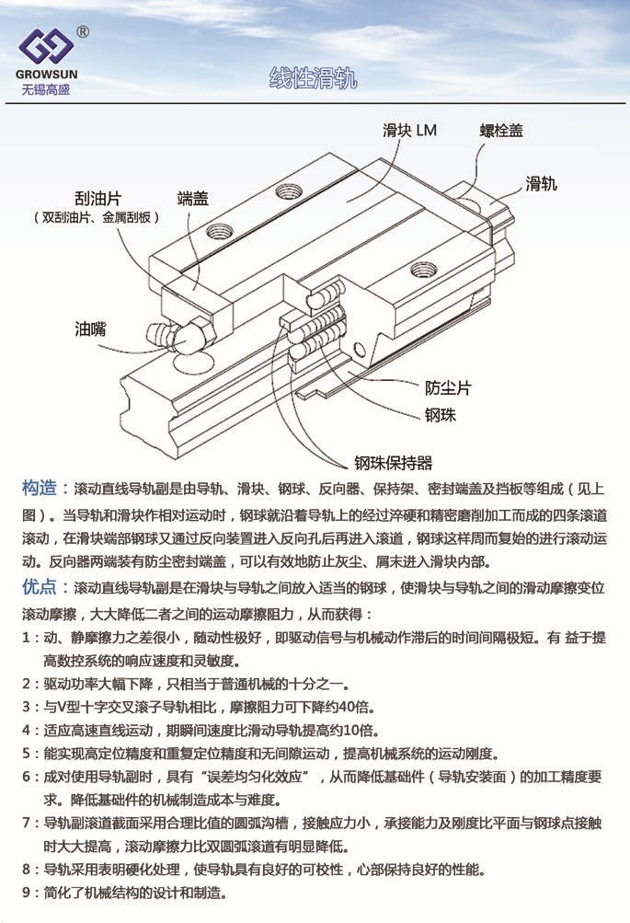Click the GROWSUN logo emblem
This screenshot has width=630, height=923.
[x=46, y=46]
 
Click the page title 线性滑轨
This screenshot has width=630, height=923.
[x=313, y=78]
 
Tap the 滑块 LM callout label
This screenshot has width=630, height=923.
[x=409, y=130]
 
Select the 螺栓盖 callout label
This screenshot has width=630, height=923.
[x=501, y=131]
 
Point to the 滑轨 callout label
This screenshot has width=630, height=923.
[x=541, y=184]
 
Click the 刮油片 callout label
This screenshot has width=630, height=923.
[x=97, y=199]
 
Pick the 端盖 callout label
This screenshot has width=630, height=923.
[x=193, y=199]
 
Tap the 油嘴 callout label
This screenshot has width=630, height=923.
[x=90, y=329]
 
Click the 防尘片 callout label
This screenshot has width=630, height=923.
[x=448, y=388]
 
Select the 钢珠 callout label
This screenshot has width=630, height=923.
[x=441, y=415]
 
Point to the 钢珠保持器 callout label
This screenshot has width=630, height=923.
[x=393, y=463]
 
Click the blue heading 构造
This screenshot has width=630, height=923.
[x=39, y=488]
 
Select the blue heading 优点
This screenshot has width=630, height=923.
[x=39, y=586]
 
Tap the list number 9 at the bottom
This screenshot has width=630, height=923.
[x=27, y=893]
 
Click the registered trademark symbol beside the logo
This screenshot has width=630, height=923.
[x=83, y=32]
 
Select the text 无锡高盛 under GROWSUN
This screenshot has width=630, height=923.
[x=46, y=89]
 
